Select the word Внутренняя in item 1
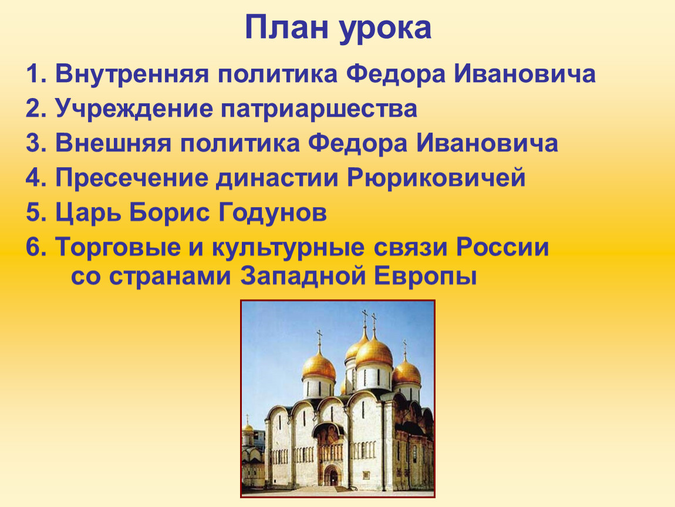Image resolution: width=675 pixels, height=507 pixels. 132,74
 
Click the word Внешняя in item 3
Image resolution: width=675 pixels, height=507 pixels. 113,143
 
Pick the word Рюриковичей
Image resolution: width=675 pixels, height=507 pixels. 437,178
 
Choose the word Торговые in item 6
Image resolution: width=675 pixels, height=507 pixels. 117,248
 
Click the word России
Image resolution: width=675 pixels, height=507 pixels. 502,248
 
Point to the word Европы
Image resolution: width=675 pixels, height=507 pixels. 425,277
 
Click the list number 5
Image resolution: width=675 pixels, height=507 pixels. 36,212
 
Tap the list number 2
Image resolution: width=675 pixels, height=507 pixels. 36,109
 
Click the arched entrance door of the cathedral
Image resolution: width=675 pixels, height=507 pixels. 332,475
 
